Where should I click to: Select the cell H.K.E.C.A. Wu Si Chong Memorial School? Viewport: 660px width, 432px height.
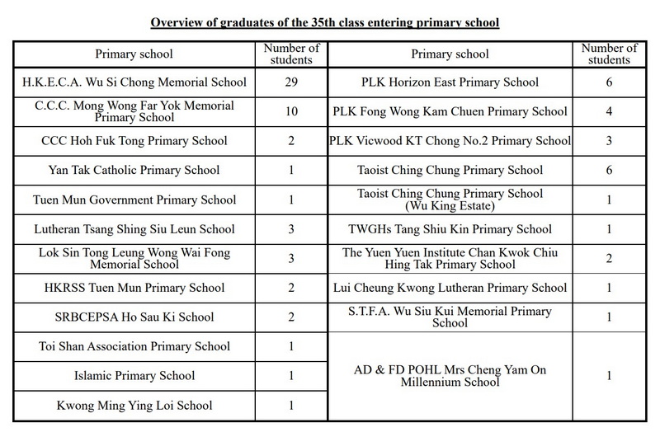click(x=134, y=82)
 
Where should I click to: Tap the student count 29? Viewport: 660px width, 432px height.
click(x=291, y=82)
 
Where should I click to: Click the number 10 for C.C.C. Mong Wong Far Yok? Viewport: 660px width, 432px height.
click(x=291, y=111)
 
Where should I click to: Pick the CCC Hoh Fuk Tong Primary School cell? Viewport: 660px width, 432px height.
click(x=134, y=141)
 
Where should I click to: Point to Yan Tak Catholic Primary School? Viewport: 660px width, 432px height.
click(x=134, y=171)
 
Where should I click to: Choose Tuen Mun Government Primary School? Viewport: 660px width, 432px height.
click(x=134, y=200)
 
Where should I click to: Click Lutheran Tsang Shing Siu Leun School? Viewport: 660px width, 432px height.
click(x=134, y=229)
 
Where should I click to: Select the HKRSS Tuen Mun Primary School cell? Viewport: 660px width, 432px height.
click(x=134, y=288)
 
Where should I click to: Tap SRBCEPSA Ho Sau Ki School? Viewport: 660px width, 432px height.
click(x=134, y=317)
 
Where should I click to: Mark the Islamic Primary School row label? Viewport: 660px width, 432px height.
click(x=134, y=376)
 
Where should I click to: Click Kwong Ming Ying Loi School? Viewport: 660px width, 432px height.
click(x=134, y=406)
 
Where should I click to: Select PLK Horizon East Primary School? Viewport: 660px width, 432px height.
click(x=450, y=82)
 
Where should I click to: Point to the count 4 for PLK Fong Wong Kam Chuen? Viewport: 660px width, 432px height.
click(x=608, y=111)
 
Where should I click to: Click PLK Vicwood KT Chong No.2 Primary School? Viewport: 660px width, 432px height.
click(x=450, y=141)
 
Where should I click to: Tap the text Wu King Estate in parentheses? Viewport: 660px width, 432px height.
click(x=450, y=205)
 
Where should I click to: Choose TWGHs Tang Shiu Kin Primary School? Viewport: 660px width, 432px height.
click(x=450, y=229)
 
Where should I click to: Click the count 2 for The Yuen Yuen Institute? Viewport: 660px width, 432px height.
click(x=608, y=259)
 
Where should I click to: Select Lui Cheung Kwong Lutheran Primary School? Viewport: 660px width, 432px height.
click(x=450, y=288)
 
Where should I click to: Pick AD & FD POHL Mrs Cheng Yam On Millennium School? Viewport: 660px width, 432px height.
click(x=450, y=376)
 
